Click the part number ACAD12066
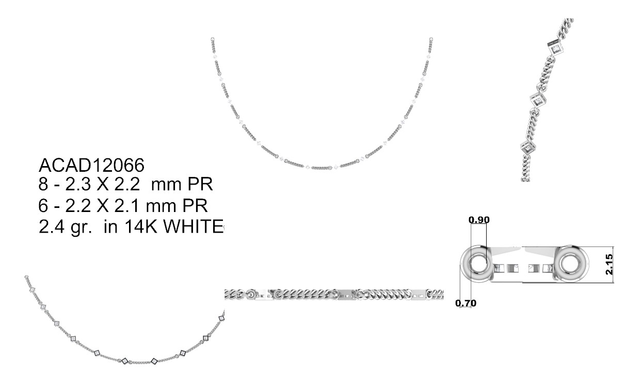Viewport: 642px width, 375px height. tap(91, 165)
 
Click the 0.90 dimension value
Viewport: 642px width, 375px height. tap(479, 220)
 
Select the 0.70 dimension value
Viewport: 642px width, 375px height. tap(466, 303)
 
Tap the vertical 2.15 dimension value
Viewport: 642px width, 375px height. tap(609, 265)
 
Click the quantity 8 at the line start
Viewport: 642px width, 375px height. tap(43, 184)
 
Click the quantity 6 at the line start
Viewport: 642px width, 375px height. tap(43, 205)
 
